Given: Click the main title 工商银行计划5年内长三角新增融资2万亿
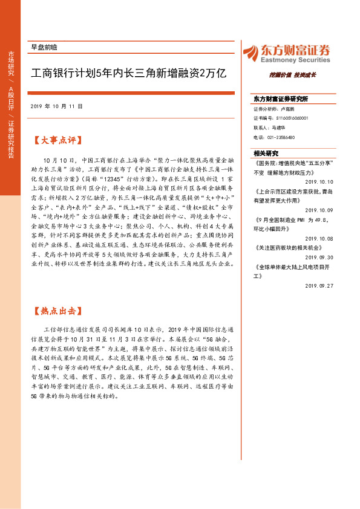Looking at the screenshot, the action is click(x=128, y=74).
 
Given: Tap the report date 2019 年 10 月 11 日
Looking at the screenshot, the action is click(x=56, y=106).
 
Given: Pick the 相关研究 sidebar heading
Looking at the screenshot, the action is click(x=266, y=153).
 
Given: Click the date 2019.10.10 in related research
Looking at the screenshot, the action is click(x=319, y=181).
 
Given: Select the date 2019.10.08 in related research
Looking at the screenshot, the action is click(x=319, y=238).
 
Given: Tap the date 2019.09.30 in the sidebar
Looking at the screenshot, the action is click(x=319, y=256).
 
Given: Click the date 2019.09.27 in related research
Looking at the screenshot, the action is click(x=319, y=285).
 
